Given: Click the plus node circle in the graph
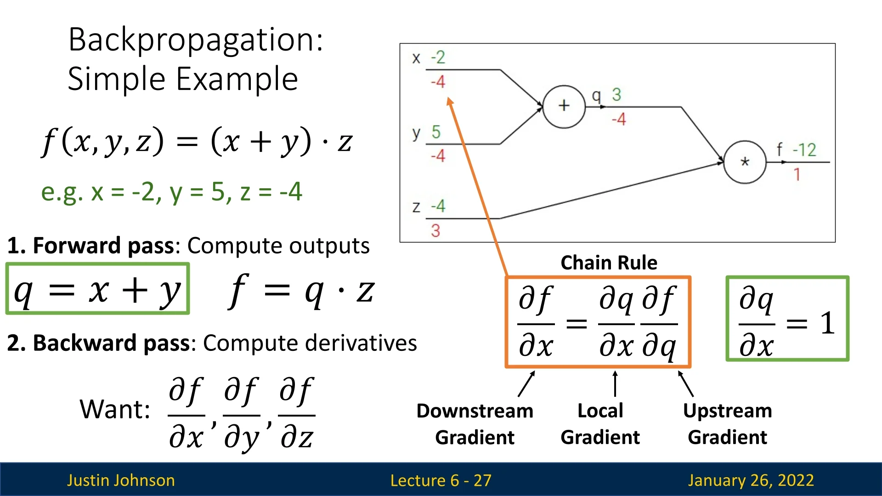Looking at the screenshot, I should pos(564,106).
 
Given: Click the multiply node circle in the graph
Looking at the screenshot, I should pos(744,162).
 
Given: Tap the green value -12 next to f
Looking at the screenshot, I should pos(804,150).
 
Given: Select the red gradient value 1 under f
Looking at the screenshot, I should pos(797,175).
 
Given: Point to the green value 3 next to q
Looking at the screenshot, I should pos(616,95).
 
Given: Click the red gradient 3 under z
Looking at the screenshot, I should pos(435,230).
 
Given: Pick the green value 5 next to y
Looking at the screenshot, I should pos(435,132).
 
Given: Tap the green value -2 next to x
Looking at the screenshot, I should pos(438,57).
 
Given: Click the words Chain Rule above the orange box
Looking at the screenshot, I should pos(609,263).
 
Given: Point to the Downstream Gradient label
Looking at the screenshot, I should pos(475,423).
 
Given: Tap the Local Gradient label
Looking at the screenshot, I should pos(600,423).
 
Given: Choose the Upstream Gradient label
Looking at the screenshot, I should pos(727,423).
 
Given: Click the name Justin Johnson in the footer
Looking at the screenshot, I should pos(121,480).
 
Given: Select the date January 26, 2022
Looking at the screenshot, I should pos(751,480).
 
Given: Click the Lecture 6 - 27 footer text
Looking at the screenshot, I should pos(441,480).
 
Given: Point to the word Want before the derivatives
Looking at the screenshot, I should pos(114,409).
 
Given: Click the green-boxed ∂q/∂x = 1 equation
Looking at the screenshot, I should pos(787,319).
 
